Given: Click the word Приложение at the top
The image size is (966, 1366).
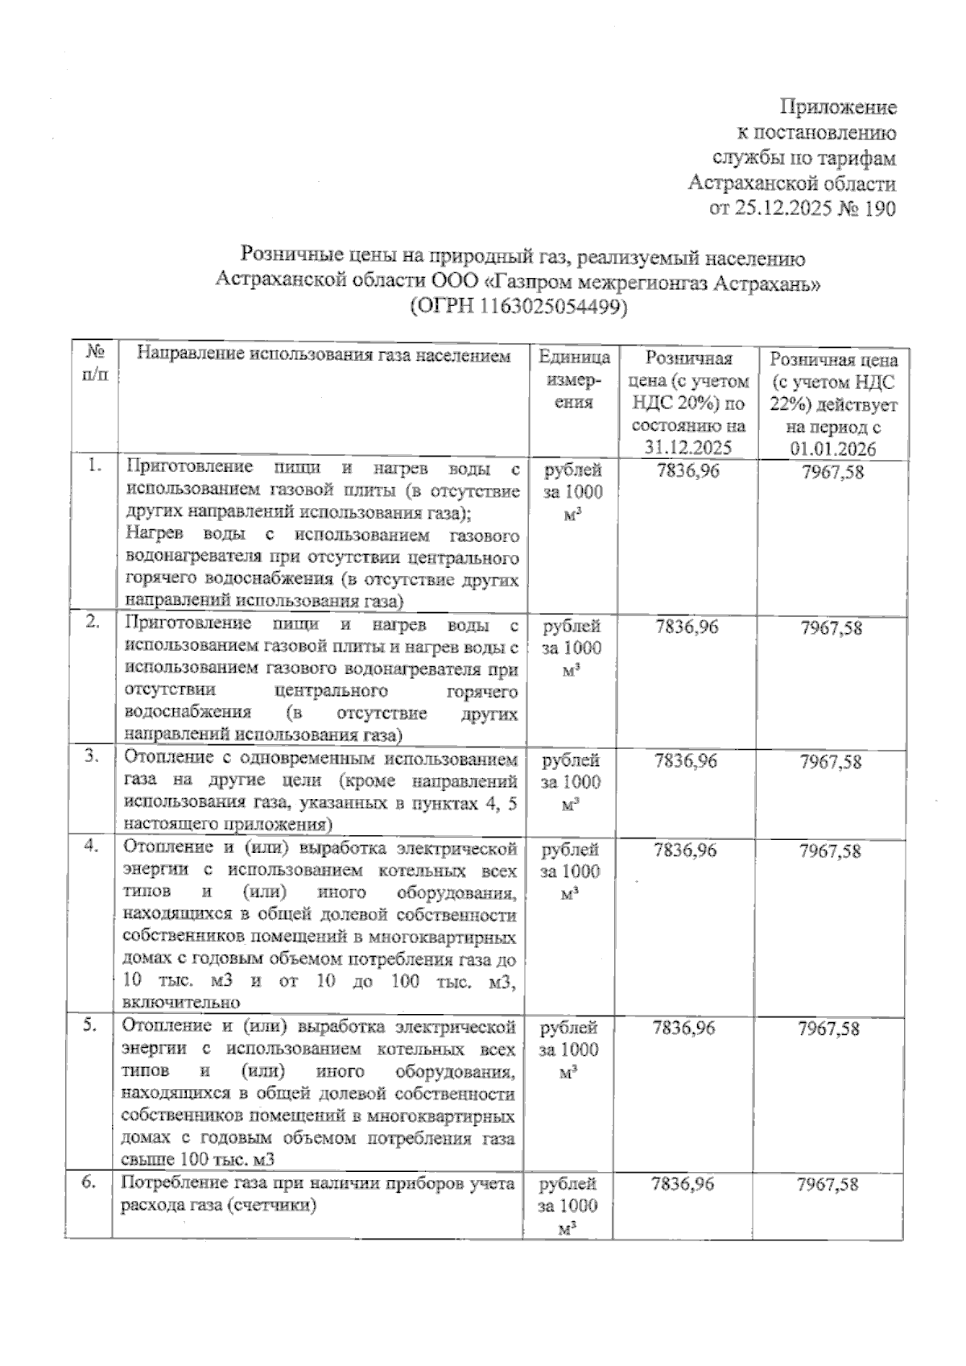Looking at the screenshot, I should [x=838, y=107].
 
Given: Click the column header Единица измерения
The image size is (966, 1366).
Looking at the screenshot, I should [x=573, y=379].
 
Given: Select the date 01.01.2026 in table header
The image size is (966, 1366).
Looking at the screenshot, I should [x=833, y=449].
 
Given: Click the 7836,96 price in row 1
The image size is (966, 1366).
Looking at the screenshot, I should [x=688, y=470].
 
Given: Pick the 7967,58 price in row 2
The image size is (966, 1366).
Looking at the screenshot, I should [x=832, y=627].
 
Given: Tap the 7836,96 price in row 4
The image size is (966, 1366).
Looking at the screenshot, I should [x=685, y=850].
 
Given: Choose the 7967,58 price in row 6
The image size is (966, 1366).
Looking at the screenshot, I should [x=828, y=1184].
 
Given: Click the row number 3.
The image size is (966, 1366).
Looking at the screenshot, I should [x=93, y=756].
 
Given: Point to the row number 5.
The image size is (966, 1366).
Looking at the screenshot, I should [x=91, y=1024].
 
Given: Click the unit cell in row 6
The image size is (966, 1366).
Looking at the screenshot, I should [x=568, y=1206].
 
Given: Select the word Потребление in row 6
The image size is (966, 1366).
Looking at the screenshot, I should [x=167, y=1183].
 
